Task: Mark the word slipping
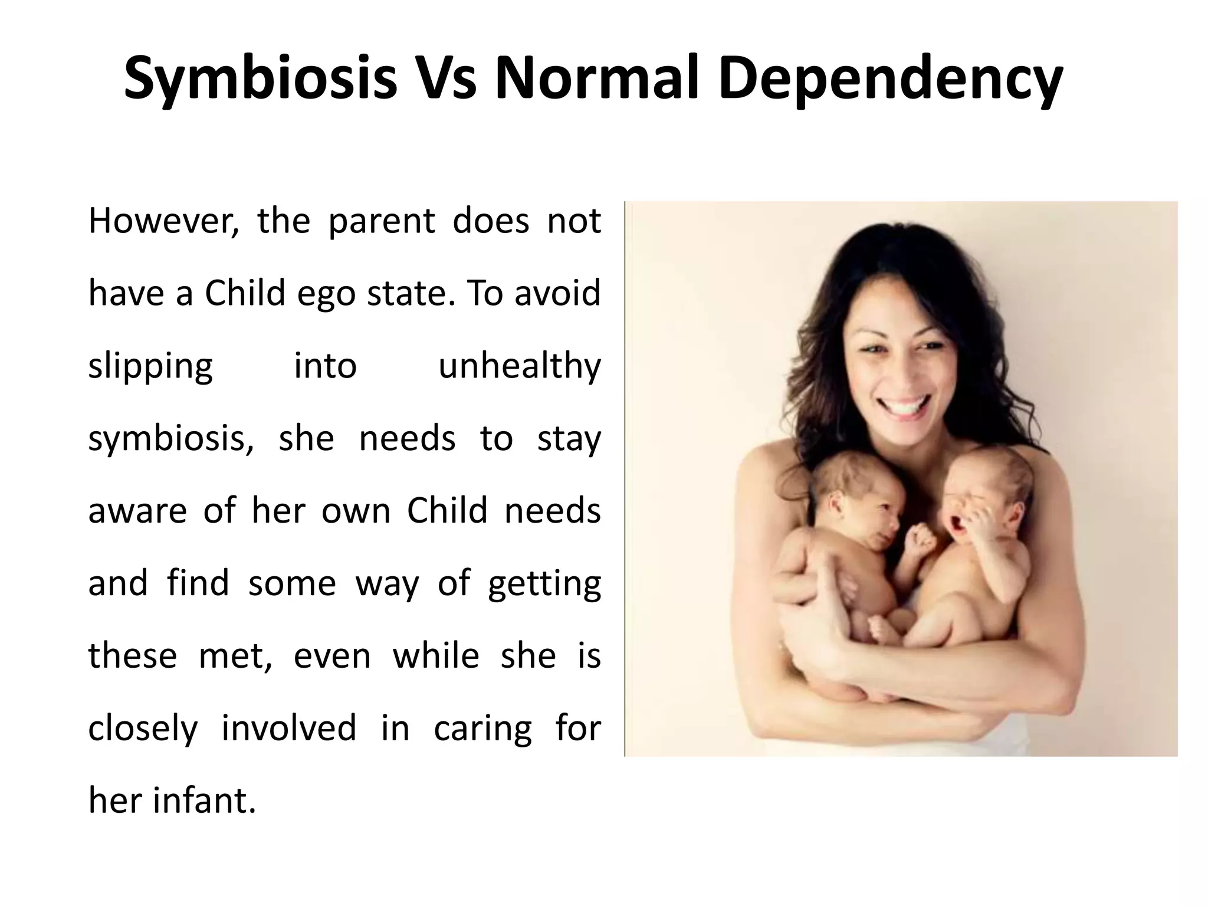150,366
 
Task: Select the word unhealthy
519,366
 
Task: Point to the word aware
137,511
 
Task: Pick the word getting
544,583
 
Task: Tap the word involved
289,728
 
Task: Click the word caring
482,728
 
